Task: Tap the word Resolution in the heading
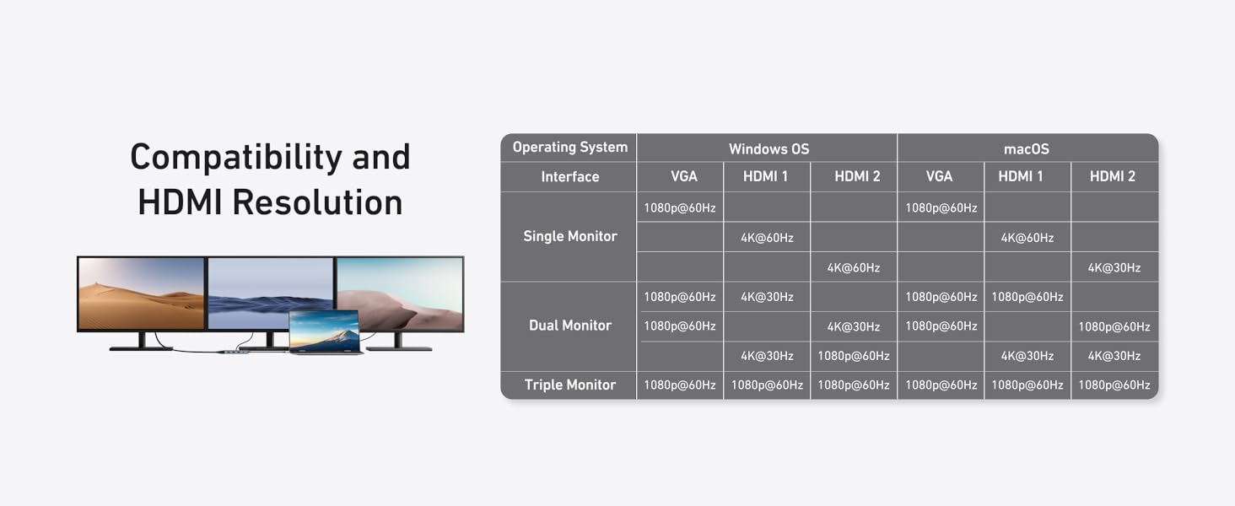pyautogui.click(x=317, y=202)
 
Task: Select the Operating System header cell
pyautogui.click(x=570, y=148)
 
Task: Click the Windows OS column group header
pyautogui.click(x=769, y=148)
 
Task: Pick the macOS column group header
pyautogui.click(x=1026, y=148)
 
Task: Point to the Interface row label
pyautogui.click(x=570, y=176)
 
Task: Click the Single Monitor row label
pyautogui.click(x=570, y=236)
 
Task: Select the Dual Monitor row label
pyautogui.click(x=570, y=326)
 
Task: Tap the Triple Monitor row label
pyautogui.click(x=570, y=385)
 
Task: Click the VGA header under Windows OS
pyautogui.click(x=683, y=176)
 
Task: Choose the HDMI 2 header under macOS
pyautogui.click(x=1113, y=176)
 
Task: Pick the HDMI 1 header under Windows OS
pyautogui.click(x=765, y=176)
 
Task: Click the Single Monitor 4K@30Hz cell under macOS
pyautogui.click(x=1114, y=268)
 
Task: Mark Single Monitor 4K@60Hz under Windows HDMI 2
pyautogui.click(x=853, y=268)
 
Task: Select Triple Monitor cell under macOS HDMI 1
pyautogui.click(x=1027, y=385)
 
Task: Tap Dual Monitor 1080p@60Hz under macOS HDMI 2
pyautogui.click(x=1114, y=326)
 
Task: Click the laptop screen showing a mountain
pyautogui.click(x=324, y=331)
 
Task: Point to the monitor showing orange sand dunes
pyautogui.click(x=141, y=293)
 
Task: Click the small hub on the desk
pyautogui.click(x=236, y=351)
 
